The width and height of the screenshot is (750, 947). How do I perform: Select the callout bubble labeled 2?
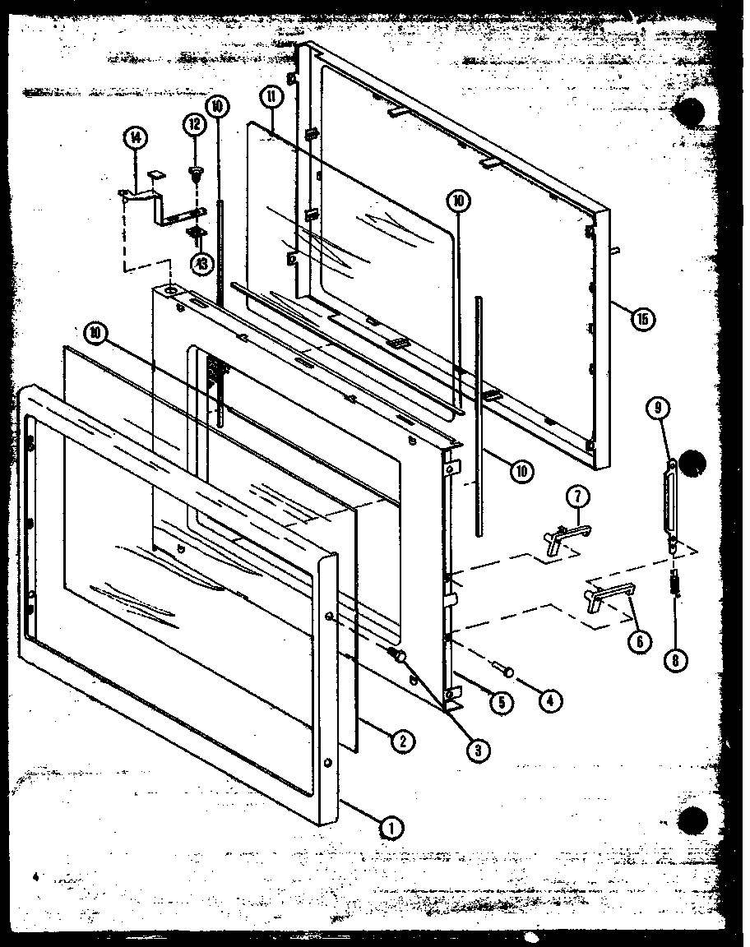point(401,741)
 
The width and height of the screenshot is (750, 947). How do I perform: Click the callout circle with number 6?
point(638,639)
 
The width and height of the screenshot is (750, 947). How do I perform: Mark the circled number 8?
point(674,657)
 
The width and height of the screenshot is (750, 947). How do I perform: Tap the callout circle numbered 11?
point(273,97)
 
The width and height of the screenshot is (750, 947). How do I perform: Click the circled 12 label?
point(195,124)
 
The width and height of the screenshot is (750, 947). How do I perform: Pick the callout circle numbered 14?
point(136,138)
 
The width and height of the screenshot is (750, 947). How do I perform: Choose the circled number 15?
point(643,318)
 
